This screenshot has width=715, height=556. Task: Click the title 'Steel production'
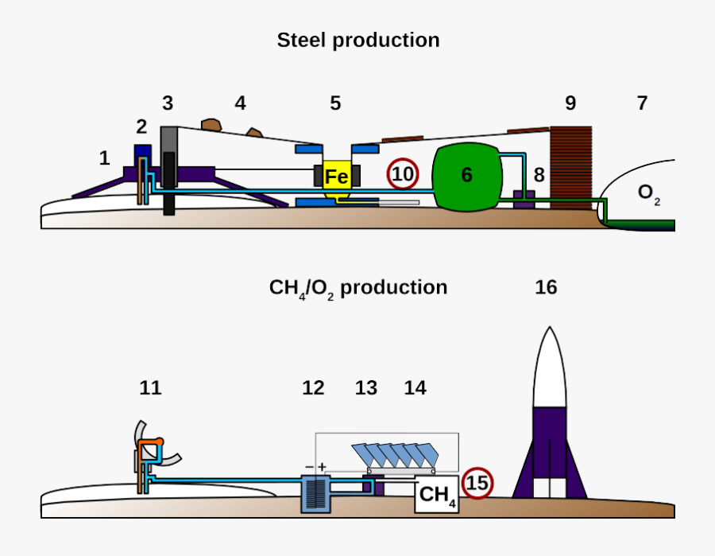coord(357,41)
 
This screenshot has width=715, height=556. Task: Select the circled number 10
coord(403,174)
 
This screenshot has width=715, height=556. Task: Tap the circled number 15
coord(477,483)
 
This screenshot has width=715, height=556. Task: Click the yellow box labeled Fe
coord(337,177)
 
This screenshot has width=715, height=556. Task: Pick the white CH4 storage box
coord(437,496)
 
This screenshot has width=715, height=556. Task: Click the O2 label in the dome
coord(649,193)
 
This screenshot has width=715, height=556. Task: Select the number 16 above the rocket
coord(546,287)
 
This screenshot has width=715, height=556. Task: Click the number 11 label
coord(150,387)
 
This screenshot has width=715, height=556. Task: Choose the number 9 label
coord(570,103)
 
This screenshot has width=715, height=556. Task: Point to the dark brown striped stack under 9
coord(571,167)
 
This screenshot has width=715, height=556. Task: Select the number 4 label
coord(240,103)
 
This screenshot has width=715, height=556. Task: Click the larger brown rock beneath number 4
coord(211,125)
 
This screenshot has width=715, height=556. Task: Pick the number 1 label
coord(104,157)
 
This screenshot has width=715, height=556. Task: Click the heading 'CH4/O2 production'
coord(357,288)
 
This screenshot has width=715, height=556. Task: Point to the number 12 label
coord(313,387)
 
